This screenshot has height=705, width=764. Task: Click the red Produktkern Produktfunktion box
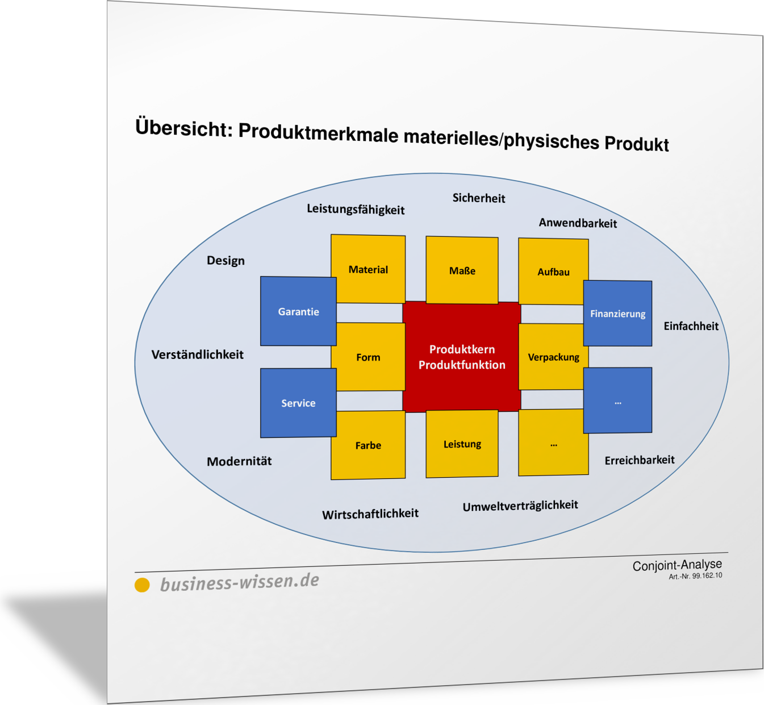click(462, 357)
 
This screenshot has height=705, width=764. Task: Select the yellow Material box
click(368, 269)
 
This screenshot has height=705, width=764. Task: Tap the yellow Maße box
click(462, 270)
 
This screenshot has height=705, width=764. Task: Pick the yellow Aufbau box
click(554, 272)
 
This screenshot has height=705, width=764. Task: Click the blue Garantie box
click(298, 311)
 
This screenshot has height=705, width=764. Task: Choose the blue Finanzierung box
click(617, 313)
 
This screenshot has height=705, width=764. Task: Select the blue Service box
click(298, 403)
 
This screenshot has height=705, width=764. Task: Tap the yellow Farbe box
click(368, 445)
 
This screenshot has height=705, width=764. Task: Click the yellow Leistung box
click(462, 444)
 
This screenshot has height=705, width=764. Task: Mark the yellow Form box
click(368, 357)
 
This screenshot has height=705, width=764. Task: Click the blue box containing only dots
click(617, 400)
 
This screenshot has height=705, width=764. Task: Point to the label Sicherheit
click(478, 198)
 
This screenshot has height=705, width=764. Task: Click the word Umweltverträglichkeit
click(520, 506)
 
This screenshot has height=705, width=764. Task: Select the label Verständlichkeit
click(197, 354)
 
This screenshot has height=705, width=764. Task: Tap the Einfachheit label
click(691, 326)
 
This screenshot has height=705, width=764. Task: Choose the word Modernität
click(239, 461)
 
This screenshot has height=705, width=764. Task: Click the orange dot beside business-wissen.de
click(142, 585)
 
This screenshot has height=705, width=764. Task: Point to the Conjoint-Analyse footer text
click(677, 565)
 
